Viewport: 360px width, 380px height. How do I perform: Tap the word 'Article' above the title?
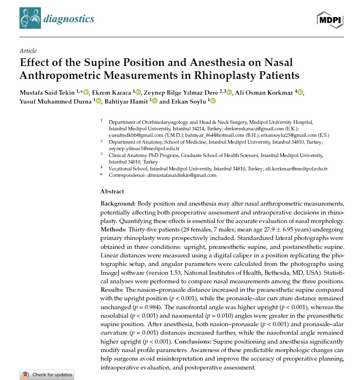point(28,51)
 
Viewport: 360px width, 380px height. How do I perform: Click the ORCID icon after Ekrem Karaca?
point(138,93)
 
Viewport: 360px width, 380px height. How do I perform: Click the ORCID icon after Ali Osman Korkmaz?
point(300,93)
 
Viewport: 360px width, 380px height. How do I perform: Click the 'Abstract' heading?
point(112,191)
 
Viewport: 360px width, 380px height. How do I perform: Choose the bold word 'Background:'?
point(118,203)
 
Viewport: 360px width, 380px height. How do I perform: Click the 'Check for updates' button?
point(47,375)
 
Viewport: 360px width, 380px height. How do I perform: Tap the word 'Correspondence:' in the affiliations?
point(126,175)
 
